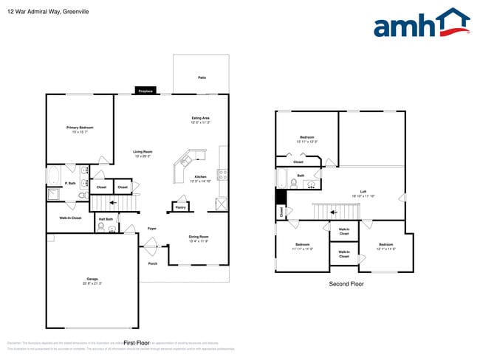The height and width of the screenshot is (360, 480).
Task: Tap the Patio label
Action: click(202, 77)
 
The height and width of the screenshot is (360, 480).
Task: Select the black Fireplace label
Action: click(145, 91)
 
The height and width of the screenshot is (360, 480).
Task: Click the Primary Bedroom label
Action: click(80, 129)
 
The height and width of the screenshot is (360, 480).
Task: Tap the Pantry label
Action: click(180, 207)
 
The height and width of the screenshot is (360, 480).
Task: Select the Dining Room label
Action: click(199, 238)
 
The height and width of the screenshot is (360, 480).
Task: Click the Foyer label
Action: click(152, 229)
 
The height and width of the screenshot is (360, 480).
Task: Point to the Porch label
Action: click(153, 263)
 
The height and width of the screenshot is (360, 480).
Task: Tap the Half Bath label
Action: click(106, 219)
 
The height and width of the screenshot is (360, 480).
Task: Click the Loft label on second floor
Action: click(363, 193)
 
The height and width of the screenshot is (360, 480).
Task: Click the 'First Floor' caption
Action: click(137, 343)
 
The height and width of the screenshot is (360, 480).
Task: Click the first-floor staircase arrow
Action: click(112, 201)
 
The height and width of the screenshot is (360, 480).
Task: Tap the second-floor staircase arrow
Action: click(334, 212)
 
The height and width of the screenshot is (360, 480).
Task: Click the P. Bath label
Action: click(71, 183)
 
